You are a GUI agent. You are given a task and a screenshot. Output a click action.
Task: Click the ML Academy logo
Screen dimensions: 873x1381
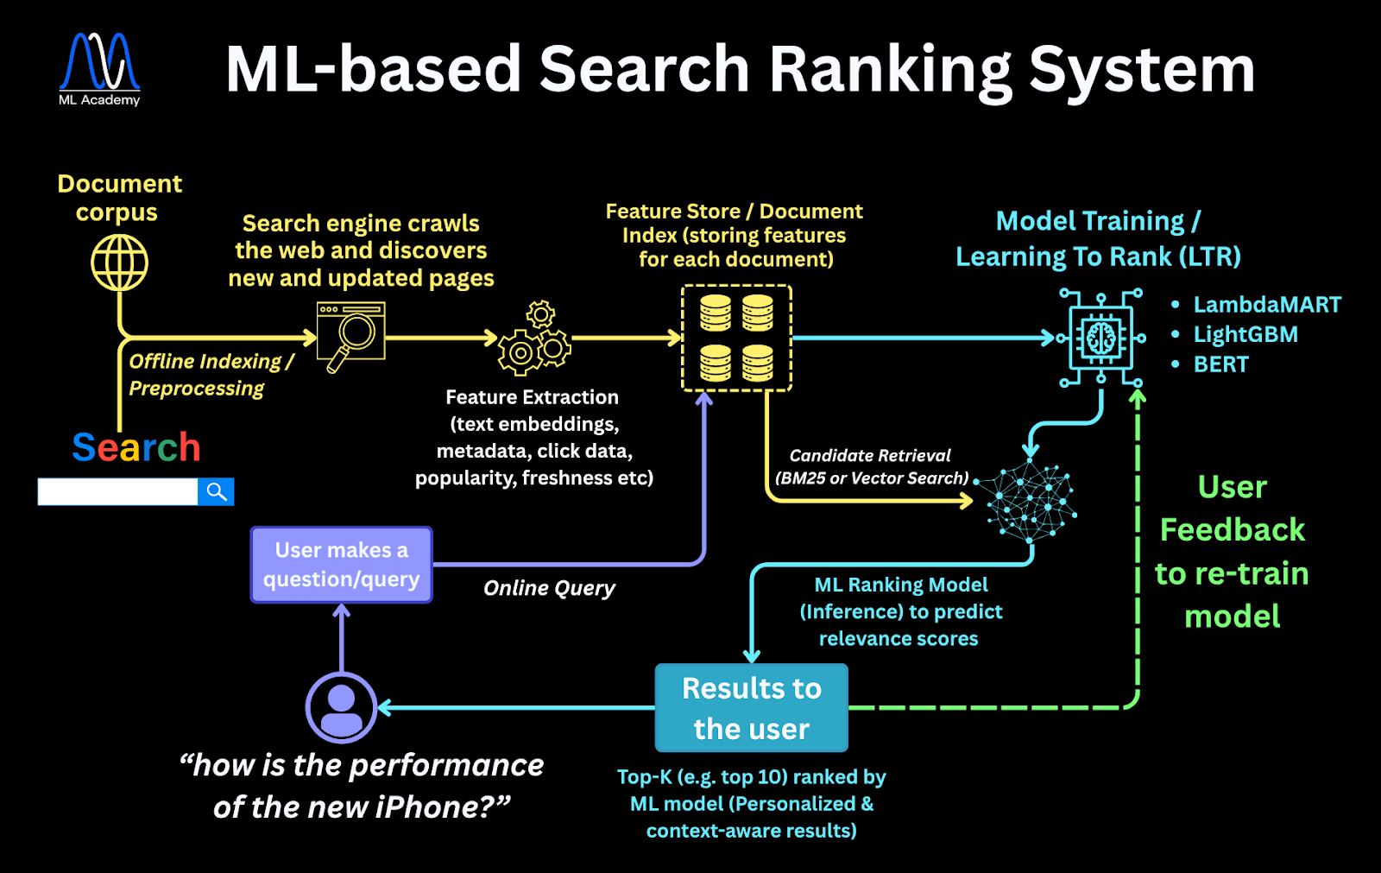[x=99, y=69]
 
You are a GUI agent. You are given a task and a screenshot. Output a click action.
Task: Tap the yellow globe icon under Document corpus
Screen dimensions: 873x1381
[x=120, y=263]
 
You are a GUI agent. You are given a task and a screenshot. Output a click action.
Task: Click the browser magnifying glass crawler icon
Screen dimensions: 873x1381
[x=350, y=336]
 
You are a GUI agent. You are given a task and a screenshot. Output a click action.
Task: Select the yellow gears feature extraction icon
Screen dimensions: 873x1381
[x=534, y=338]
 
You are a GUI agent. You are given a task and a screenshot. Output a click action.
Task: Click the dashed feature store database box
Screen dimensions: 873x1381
[x=736, y=338]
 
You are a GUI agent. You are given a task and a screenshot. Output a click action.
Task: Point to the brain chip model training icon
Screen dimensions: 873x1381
[x=1101, y=338]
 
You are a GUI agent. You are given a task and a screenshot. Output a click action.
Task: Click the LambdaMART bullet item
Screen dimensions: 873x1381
[x=1266, y=305]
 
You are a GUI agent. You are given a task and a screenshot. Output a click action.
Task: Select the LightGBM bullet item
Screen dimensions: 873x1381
[x=1245, y=335]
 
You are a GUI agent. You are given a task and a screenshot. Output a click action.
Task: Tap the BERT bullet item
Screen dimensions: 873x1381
[x=1220, y=364]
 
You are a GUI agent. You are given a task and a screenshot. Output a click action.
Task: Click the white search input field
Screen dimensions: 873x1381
[x=117, y=492]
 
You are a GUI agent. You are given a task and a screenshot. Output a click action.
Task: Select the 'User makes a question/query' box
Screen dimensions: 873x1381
[x=342, y=565]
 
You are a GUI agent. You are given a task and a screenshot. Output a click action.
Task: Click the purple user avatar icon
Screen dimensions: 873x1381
[x=342, y=707]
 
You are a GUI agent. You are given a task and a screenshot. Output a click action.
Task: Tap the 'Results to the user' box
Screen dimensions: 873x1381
[x=751, y=708]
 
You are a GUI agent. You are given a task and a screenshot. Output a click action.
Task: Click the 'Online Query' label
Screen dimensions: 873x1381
[x=549, y=588]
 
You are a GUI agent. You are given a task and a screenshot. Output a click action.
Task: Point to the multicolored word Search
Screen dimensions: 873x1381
[x=136, y=447]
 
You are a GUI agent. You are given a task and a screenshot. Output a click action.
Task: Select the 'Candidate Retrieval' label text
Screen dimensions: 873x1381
[x=870, y=455]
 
